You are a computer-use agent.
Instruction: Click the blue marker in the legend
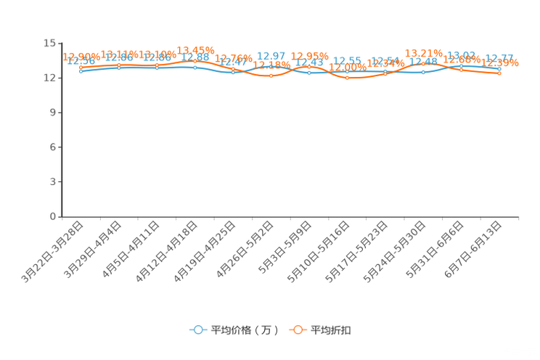coord(197,330)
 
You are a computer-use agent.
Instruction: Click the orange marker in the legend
coord(298,330)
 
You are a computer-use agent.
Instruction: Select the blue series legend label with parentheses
coord(244,330)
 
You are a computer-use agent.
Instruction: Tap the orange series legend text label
coord(332,330)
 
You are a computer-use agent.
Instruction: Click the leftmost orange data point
coord(81,67)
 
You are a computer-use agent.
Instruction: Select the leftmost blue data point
coord(81,71)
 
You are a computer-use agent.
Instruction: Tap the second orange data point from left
coord(119,65)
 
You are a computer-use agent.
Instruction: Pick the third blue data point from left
coord(157,67)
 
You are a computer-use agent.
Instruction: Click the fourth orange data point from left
coord(195,61)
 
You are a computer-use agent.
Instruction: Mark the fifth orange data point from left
coord(233,69)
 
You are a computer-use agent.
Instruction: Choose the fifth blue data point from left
coord(233,73)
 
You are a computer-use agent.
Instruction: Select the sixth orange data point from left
coord(271,75)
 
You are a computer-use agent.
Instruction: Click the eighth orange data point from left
coord(348,77)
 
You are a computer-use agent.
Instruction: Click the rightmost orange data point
coord(499,73)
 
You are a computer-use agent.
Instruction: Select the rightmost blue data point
coord(499,69)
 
